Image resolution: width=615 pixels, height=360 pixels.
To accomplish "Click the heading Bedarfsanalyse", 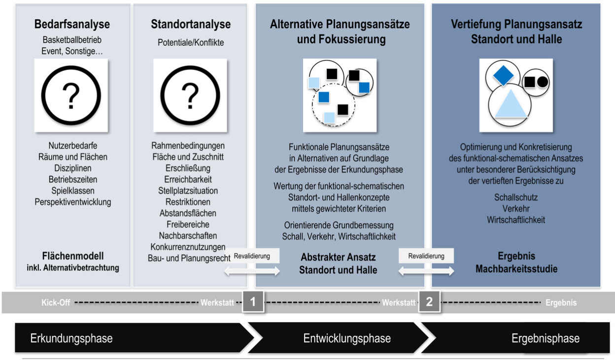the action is [72, 24].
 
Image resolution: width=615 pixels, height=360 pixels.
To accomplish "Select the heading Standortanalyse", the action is [191, 24].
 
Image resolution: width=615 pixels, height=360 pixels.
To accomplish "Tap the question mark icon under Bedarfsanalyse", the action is [71, 96].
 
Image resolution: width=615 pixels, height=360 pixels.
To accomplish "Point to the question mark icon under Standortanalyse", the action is [190, 96].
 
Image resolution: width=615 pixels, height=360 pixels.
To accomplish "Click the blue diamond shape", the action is [503, 75].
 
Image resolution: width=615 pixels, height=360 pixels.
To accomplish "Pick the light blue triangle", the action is [511, 104].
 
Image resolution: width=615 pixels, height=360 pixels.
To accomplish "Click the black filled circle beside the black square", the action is [543, 82].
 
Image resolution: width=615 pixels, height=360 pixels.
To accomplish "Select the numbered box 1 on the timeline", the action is [253, 302].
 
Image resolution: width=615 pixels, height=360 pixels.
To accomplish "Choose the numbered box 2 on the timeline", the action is [429, 302].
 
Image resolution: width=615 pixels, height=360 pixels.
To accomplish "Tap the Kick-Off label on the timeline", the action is [56, 302].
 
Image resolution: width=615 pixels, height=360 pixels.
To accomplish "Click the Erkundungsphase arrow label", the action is [71, 338].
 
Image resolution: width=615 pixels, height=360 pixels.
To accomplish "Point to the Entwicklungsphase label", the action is [347, 338].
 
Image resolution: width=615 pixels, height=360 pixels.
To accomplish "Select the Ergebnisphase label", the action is [546, 338].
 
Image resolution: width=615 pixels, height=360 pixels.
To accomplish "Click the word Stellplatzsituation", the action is [188, 191].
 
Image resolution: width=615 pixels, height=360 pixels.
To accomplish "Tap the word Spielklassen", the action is [73, 191].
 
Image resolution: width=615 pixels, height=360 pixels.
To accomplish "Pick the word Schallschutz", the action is [516, 197].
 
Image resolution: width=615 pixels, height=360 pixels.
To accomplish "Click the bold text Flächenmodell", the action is [73, 256].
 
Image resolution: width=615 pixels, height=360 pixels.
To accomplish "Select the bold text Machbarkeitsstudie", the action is [516, 268].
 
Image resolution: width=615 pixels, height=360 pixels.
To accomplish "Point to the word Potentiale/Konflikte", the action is [191, 42].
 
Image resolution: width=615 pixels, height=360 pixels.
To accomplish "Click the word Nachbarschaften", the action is [188, 235].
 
